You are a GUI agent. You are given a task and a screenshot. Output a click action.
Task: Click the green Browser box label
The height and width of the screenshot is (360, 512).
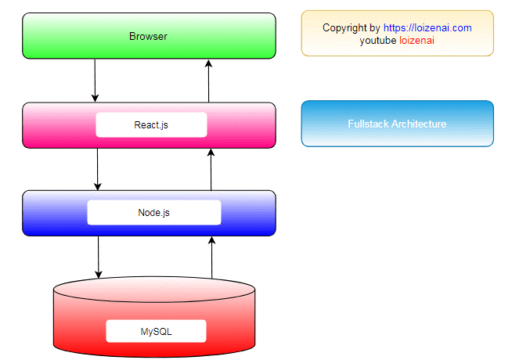point(148,36)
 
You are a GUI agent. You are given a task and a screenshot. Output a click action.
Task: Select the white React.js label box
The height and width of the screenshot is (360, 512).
point(151,124)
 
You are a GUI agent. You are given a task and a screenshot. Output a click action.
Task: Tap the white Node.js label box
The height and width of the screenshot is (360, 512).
point(153,212)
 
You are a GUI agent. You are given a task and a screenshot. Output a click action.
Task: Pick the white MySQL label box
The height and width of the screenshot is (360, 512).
point(156,331)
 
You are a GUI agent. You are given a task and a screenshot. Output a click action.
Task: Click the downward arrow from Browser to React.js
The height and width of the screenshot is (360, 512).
point(95,81)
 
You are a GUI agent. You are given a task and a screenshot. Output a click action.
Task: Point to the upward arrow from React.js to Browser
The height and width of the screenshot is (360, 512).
point(209,81)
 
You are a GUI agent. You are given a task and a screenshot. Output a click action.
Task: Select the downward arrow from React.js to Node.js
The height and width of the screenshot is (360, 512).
point(97,169)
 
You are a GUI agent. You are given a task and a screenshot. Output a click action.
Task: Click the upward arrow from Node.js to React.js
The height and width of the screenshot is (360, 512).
point(211,170)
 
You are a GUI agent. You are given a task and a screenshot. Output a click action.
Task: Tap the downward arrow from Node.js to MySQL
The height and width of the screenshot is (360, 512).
point(99,257)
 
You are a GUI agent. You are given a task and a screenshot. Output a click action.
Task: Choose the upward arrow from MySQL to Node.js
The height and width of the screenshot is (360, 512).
point(211,257)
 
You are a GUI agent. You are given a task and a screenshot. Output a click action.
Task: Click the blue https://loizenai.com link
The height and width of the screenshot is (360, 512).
point(427,28)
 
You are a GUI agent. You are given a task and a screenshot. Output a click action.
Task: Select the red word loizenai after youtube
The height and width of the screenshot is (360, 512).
point(416,41)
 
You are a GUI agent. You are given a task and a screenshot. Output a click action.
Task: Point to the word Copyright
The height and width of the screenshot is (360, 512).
point(344,28)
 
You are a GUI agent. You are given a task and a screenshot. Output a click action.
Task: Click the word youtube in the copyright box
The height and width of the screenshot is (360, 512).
point(378,41)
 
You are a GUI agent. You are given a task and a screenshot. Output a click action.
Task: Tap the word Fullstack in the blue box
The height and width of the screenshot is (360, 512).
point(368,124)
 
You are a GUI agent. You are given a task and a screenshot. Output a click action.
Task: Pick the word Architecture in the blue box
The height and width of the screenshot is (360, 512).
point(419,124)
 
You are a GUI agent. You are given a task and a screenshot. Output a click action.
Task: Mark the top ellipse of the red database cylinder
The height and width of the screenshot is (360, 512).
point(154,290)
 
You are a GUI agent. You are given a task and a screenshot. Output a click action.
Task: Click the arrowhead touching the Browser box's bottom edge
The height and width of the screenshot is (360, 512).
point(209,63)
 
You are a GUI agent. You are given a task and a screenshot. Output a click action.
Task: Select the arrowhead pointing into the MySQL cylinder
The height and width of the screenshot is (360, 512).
point(99,275)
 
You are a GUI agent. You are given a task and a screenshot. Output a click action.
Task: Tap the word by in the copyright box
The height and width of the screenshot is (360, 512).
point(375,28)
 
